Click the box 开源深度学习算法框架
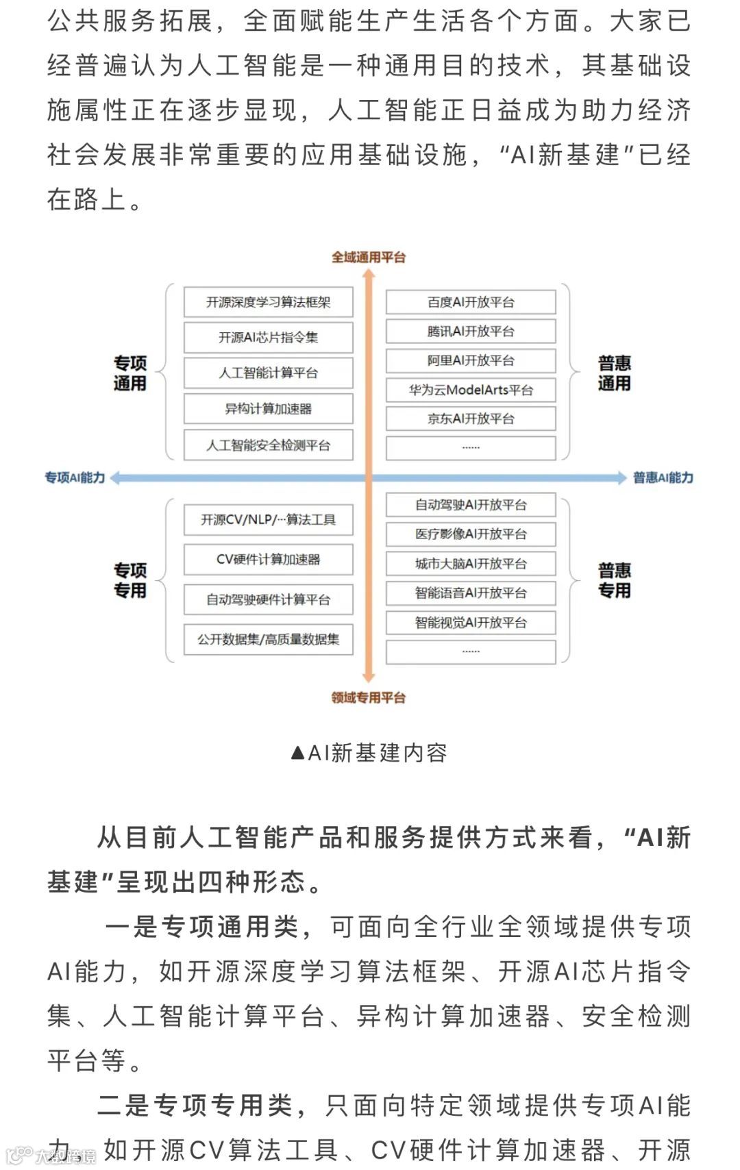coord(268,302)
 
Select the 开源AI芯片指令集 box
coord(268,338)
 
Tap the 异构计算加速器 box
coord(268,409)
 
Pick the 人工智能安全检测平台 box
coord(268,445)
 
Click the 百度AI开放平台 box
coord(471,302)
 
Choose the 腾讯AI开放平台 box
coord(471,332)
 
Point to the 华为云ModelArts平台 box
coord(471,390)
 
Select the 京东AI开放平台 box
coord(471,419)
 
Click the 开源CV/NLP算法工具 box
coord(268,520)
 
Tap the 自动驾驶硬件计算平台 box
coord(268,599)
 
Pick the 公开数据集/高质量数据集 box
coord(268,639)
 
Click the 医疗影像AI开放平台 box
coord(471,534)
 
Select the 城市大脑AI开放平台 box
coord(471,564)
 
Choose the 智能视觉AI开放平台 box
coord(471,623)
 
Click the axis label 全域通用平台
coord(369,258)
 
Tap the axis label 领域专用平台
coord(369,698)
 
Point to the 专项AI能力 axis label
coord(75,477)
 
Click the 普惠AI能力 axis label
coord(663,477)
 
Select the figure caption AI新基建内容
coord(369,753)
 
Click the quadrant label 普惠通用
coord(614,373)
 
